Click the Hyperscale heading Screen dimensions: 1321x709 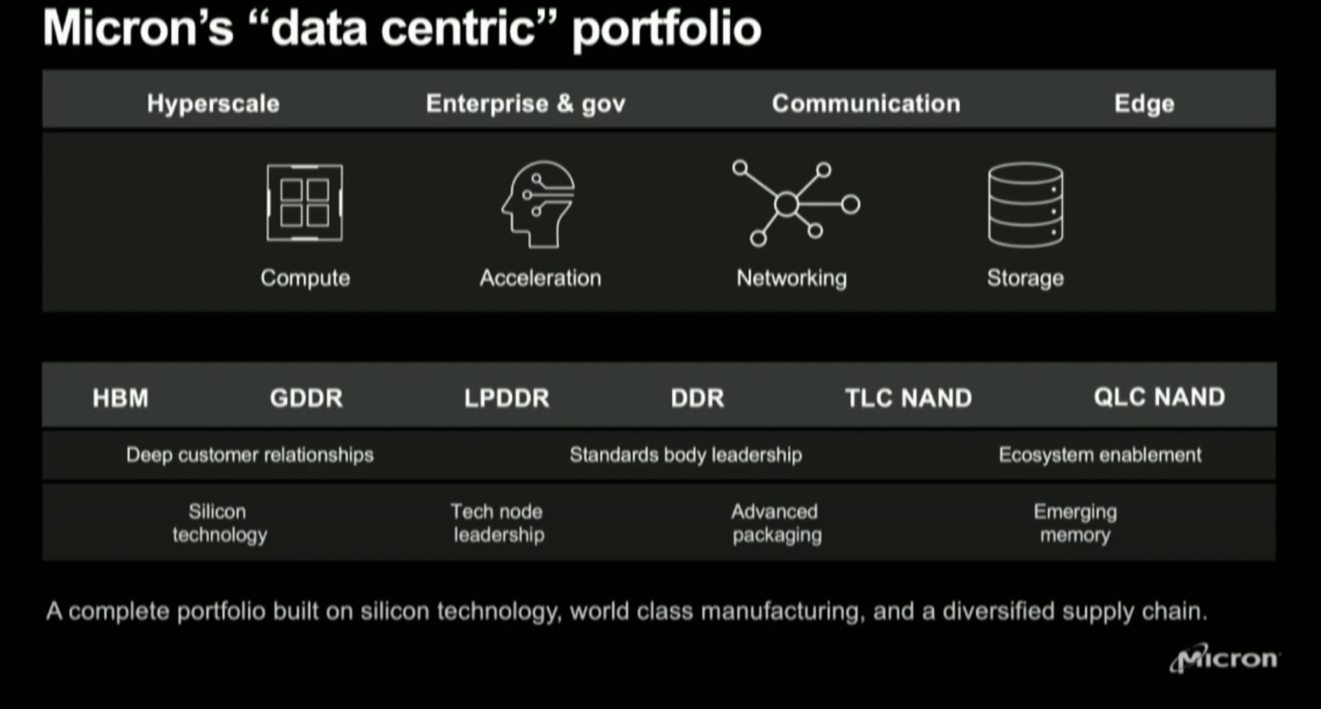pyautogui.click(x=213, y=104)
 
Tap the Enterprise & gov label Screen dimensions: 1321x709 pyautogui.click(x=525, y=104)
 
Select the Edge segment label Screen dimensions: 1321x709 pyautogui.click(x=1144, y=104)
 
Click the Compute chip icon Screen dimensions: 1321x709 pyautogui.click(x=304, y=203)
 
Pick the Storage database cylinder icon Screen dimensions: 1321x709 pyautogui.click(x=1025, y=205)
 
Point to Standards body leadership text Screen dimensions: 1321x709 pyautogui.click(x=686, y=455)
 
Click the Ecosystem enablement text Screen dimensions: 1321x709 pyautogui.click(x=1100, y=455)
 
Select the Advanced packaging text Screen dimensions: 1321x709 pyautogui.click(x=776, y=523)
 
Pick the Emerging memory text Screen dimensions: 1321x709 pyautogui.click(x=1075, y=523)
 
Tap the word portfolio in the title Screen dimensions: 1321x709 pyautogui.click(x=667, y=29)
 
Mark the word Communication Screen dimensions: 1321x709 pyautogui.click(x=866, y=104)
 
